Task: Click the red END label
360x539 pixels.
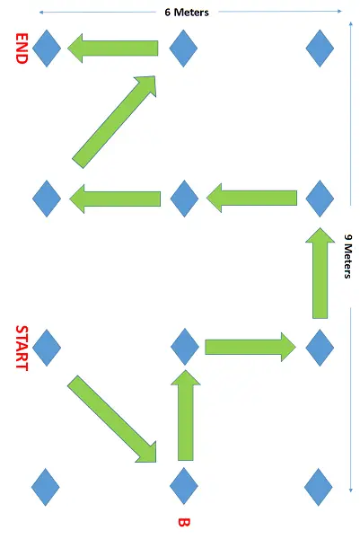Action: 22,49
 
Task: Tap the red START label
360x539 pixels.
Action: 22,348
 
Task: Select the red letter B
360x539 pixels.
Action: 184,523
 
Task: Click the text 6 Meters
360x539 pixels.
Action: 187,13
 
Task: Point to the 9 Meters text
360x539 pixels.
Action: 348,256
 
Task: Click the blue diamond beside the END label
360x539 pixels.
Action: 47,49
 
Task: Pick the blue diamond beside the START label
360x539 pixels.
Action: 47,348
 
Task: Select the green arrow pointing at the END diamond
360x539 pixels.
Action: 113,49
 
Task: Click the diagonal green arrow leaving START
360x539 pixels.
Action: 112,419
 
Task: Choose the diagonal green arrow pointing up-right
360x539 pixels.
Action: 114,122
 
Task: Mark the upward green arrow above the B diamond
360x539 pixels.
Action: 186,415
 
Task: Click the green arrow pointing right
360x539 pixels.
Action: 250,347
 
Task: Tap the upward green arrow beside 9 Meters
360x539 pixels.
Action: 320,273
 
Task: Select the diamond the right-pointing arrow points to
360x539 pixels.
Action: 320,348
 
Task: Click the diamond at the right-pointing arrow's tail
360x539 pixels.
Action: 185,347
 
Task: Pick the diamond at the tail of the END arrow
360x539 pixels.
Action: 183,49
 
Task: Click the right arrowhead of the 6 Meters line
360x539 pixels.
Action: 339,11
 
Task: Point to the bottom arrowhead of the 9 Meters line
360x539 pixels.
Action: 351,490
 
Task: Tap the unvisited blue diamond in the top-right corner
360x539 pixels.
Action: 320,49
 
